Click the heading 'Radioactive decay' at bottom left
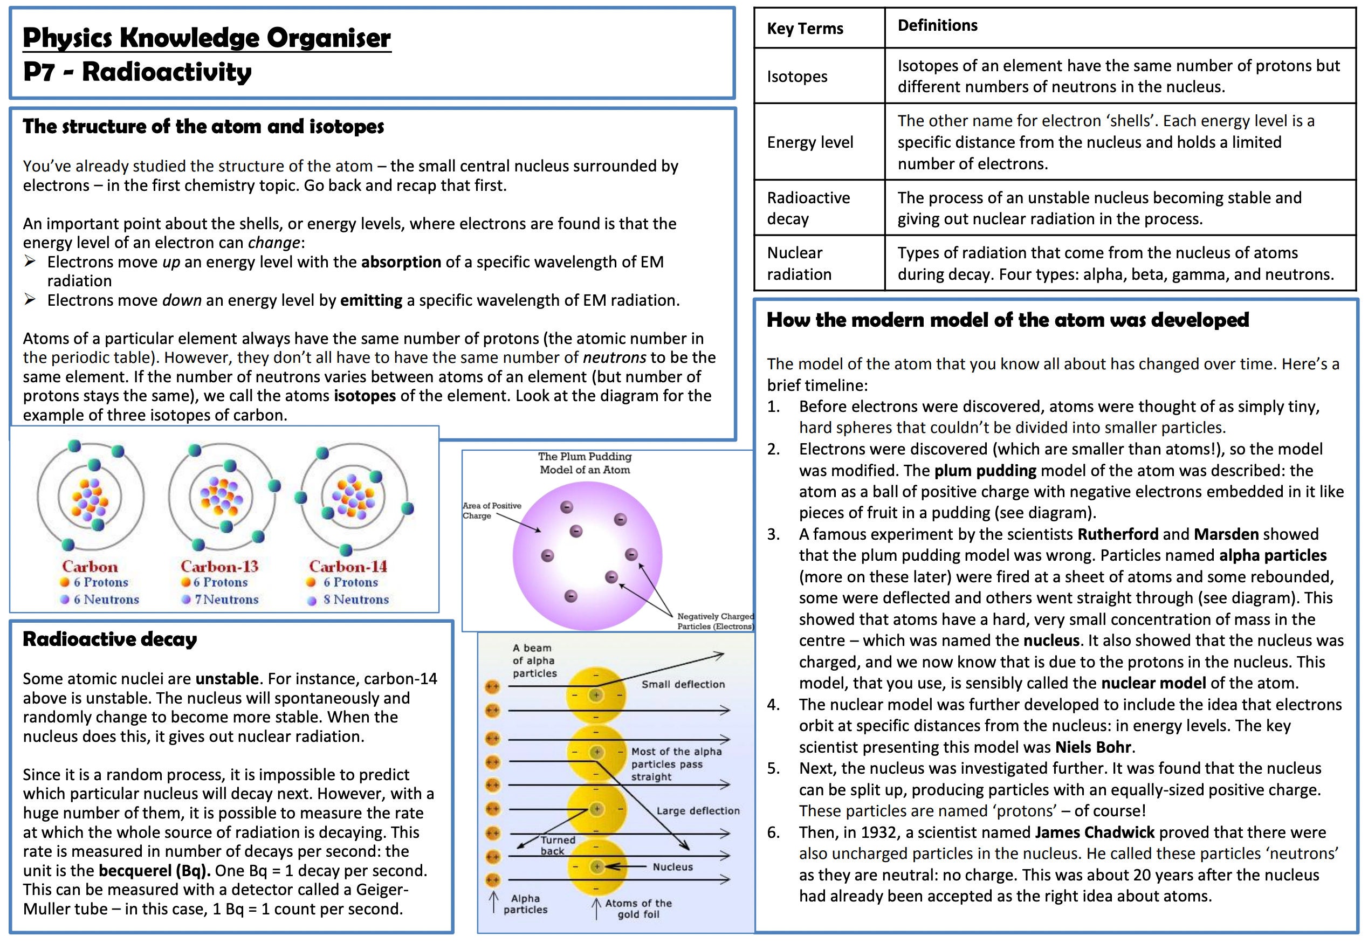tap(109, 639)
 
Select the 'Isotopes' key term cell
tap(796, 76)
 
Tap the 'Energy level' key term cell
tap(809, 142)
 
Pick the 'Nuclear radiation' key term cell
tap(799, 264)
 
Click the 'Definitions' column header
tap(937, 25)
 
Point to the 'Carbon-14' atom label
tap(347, 566)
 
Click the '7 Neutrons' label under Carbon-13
tap(226, 599)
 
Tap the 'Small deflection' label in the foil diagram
tap(683, 684)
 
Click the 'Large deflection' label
tap(697, 811)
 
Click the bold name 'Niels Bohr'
tap(1092, 747)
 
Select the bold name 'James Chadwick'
tap(1094, 832)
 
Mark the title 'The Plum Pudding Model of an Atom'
tap(585, 463)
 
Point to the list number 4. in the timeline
tap(774, 704)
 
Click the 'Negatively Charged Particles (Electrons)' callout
tap(714, 621)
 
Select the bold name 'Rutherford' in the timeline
tap(1117, 534)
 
